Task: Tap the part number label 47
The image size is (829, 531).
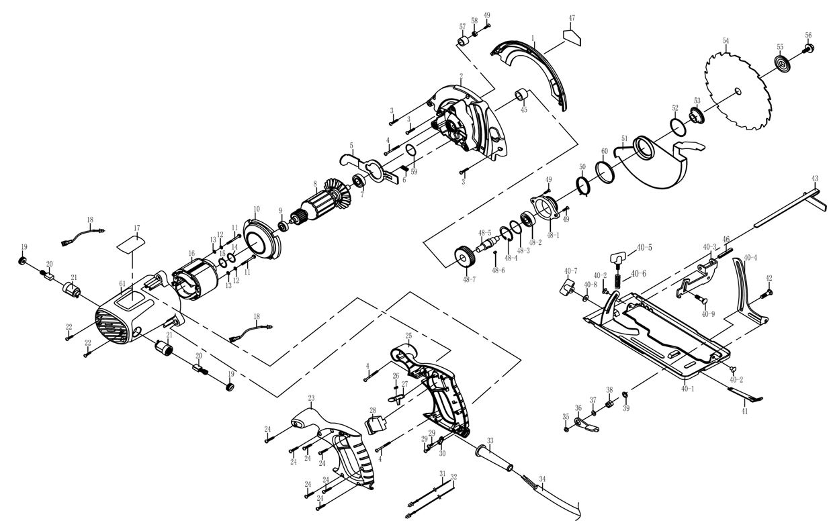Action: [x=572, y=17]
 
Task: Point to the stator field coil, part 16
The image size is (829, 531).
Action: [x=195, y=279]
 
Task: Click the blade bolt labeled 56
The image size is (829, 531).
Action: [x=808, y=48]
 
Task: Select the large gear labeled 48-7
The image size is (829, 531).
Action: [x=465, y=256]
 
